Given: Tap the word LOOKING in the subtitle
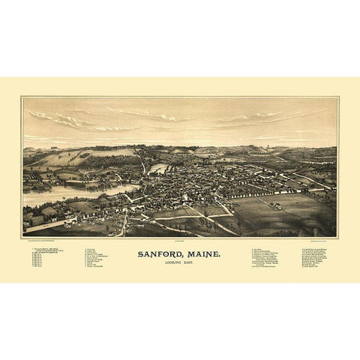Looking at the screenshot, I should coord(172,265).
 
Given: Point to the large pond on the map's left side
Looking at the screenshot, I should coord(64,195).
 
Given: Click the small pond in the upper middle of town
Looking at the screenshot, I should coord(157,169).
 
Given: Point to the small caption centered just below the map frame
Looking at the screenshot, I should coord(180,241).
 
